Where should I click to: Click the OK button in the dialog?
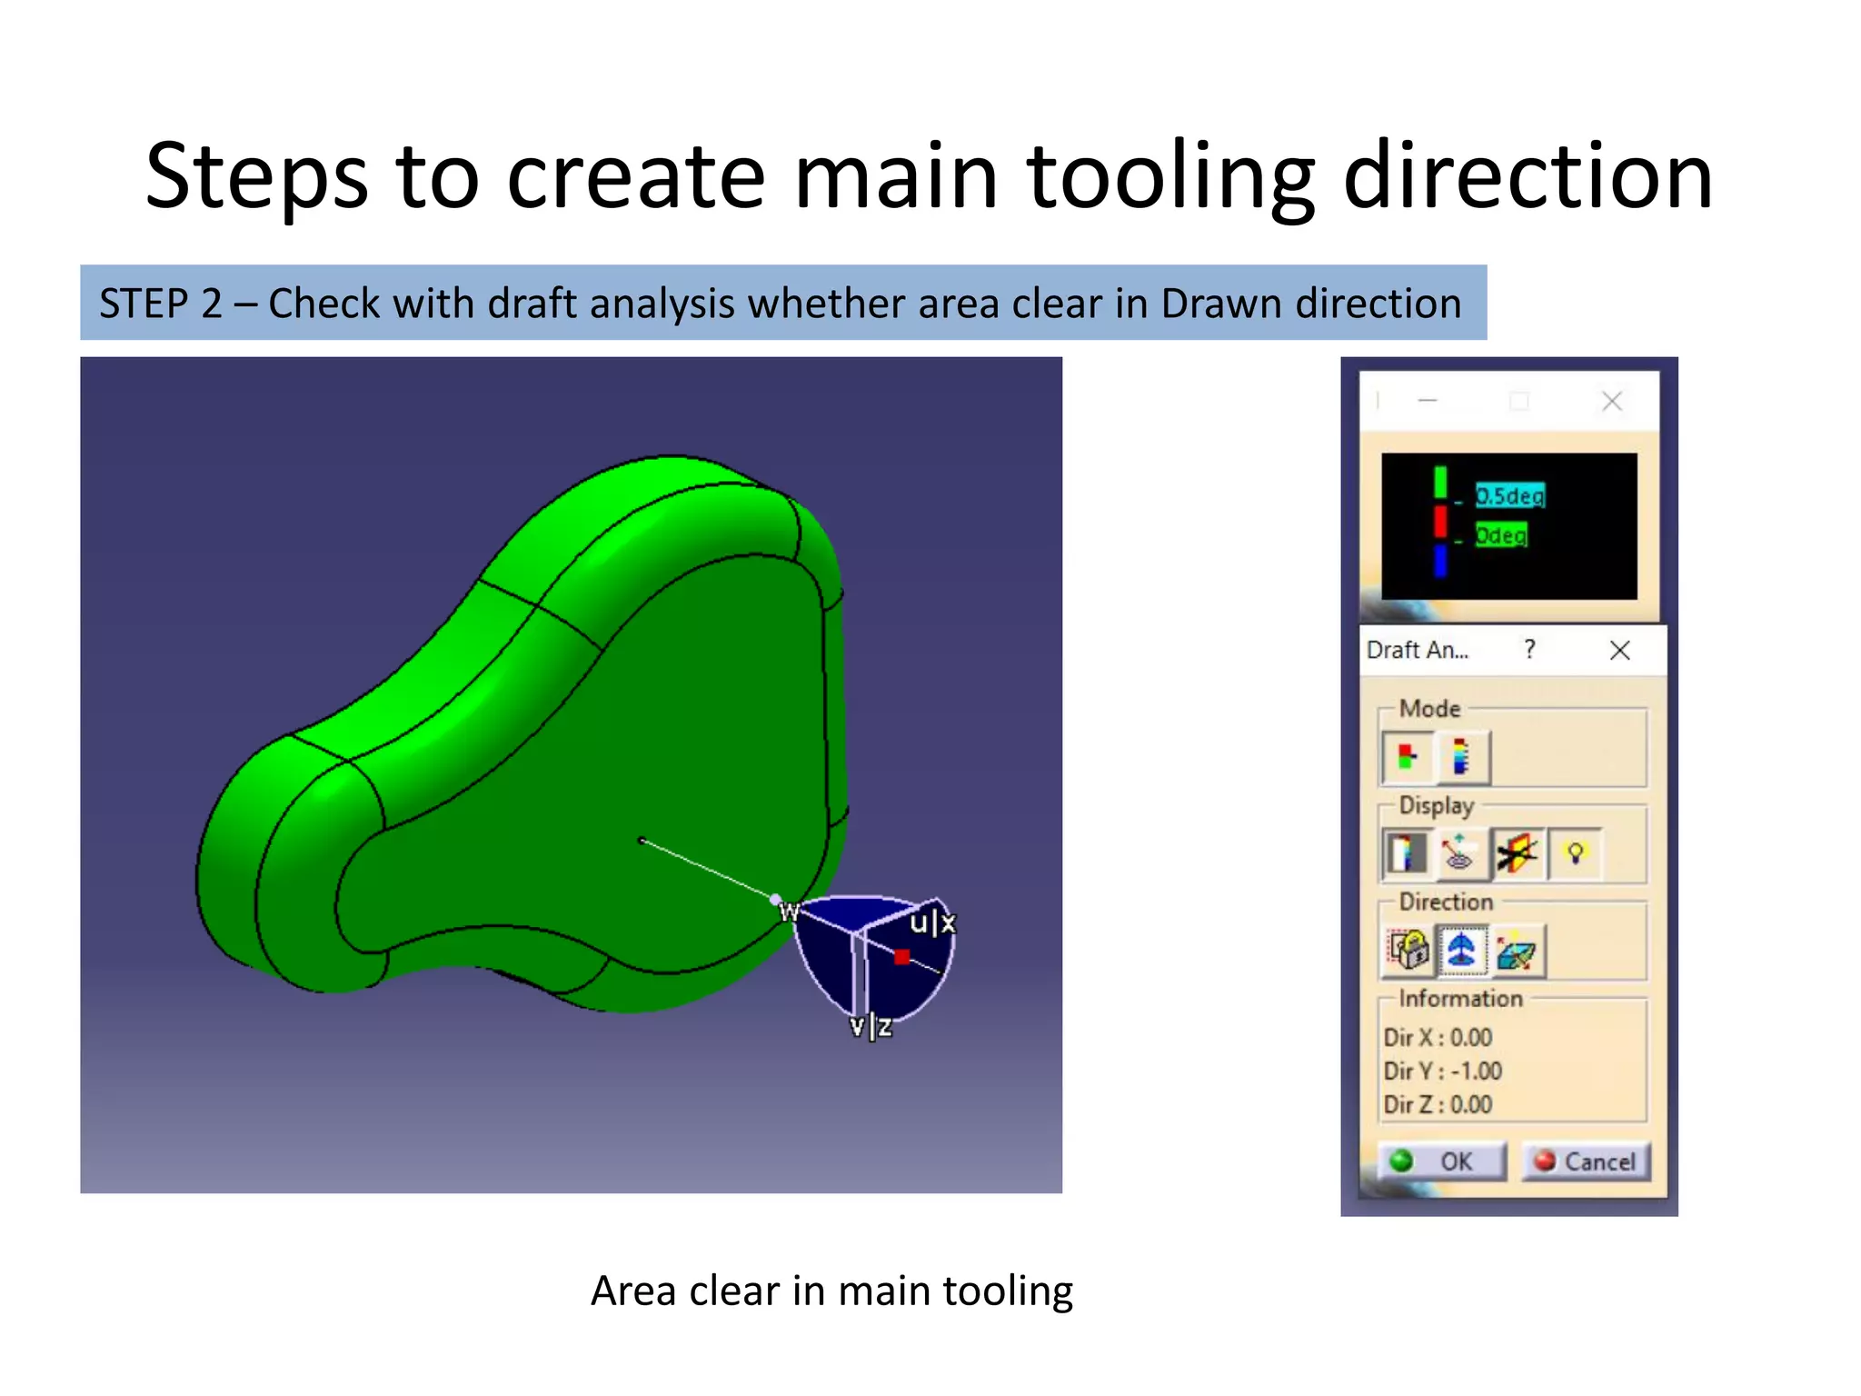1441,1162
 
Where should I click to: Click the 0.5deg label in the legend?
1509,495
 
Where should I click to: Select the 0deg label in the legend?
1500,535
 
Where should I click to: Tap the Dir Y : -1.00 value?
1443,1071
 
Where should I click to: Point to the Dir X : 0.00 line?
1438,1037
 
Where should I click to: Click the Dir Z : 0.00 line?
1438,1104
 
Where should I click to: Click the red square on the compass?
901,956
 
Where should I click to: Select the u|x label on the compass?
932,923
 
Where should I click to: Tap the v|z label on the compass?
871,1027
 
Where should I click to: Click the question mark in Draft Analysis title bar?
1530,649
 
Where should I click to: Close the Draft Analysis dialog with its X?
1619,651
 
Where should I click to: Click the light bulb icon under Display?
1575,853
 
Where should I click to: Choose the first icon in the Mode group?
1408,756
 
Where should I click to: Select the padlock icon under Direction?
1408,951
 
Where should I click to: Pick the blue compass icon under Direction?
1461,951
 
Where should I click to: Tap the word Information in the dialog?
1460,999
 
